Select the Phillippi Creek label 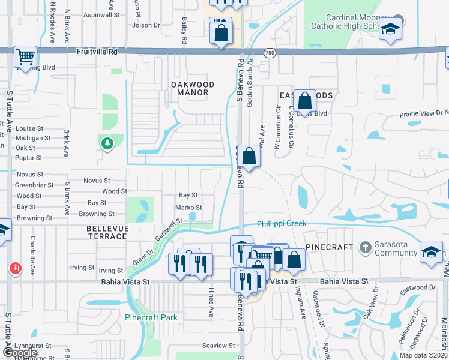(282, 224)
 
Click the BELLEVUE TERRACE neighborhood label (107, 232)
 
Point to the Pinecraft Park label (151, 317)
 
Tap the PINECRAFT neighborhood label (329, 247)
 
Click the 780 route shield (270, 53)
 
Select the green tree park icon (107, 143)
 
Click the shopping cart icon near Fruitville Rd (25, 57)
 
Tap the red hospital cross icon (15, 269)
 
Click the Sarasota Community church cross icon (365, 247)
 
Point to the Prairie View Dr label (422, 112)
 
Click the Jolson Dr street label (146, 25)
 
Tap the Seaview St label (218, 346)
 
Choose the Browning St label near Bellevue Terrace (97, 214)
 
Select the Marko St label (188, 208)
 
